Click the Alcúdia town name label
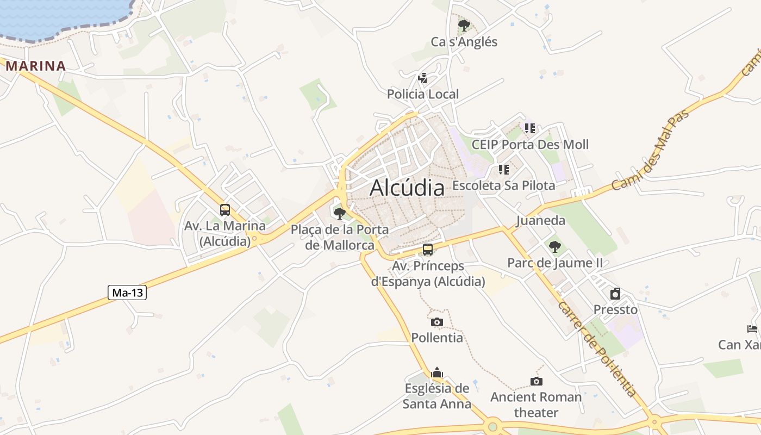coord(407,188)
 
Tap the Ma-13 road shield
coord(127,293)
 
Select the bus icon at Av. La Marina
coord(225,210)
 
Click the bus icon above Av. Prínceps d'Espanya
coord(428,250)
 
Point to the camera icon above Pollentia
coord(437,322)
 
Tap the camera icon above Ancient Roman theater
coord(537,381)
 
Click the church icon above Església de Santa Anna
coord(437,373)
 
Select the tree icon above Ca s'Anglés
coord(464,25)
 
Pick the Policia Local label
coord(423,94)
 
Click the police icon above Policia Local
coord(422,78)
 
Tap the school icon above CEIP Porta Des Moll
coord(530,128)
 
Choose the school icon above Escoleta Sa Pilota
coord(503,170)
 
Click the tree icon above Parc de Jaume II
coord(554,247)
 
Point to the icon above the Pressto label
coord(615,294)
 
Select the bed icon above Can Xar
coord(752,328)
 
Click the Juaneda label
coord(540,221)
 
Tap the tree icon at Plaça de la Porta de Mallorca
coord(340,213)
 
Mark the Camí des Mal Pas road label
coord(651,150)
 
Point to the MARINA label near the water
coord(35,66)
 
